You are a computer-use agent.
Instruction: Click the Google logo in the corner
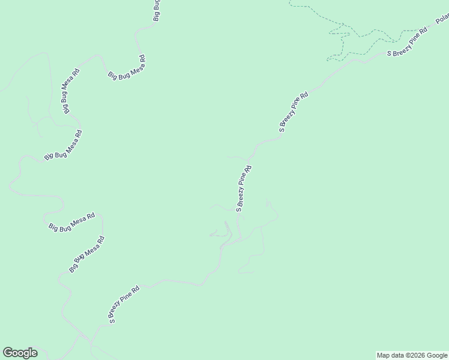20,353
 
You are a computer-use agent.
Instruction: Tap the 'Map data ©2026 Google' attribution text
411,355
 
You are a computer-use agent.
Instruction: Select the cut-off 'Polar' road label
442,19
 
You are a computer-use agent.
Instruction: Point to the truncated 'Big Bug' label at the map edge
157,10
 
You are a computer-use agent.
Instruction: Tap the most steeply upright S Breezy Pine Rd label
244,188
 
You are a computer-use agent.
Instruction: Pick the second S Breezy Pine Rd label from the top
294,111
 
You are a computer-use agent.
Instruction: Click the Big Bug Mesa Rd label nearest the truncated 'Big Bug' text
127,67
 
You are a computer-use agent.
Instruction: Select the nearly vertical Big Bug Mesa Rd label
68,91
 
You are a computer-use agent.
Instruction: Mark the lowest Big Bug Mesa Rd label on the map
88,254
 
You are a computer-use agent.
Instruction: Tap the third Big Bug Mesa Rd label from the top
63,145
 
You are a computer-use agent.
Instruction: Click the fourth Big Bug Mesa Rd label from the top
72,222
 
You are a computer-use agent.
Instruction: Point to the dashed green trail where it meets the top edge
289,2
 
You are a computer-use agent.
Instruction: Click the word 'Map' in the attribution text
382,355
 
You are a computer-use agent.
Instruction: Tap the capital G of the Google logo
7,353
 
